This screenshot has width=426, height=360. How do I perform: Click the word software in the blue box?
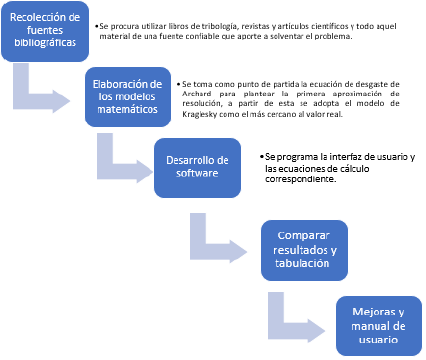pyautogui.click(x=197, y=174)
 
